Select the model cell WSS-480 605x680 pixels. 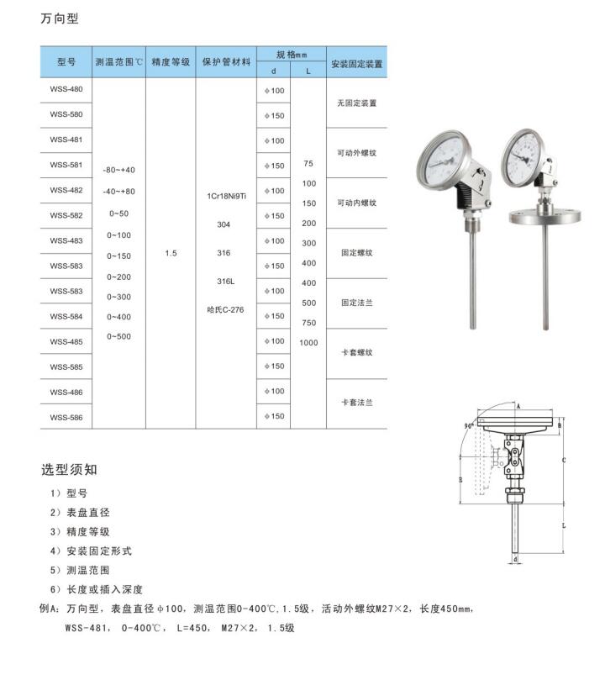point(66,89)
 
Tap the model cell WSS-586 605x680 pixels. point(66,417)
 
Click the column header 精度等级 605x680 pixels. point(171,62)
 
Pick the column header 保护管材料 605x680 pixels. point(226,62)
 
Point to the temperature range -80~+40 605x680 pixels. point(118,170)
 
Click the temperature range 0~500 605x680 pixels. point(118,336)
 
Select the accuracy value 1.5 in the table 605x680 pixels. point(171,253)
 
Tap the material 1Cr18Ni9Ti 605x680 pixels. point(225,196)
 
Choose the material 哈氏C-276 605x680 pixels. point(225,309)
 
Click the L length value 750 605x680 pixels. point(308,323)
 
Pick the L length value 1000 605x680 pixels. point(308,343)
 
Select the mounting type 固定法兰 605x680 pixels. point(356,303)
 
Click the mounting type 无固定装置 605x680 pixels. point(356,103)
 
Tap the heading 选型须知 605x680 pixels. point(70,469)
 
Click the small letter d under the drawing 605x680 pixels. point(515,558)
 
